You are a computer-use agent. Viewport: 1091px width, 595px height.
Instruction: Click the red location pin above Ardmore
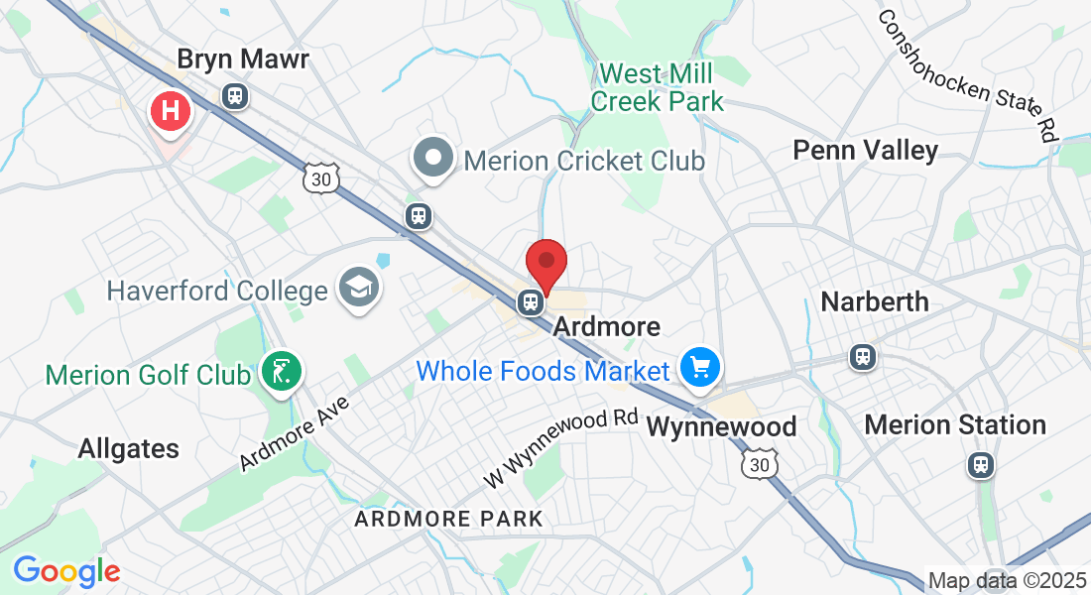click(545, 265)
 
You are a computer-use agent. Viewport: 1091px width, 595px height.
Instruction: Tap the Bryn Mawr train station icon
click(235, 96)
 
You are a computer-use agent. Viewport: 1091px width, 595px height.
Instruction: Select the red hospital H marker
click(171, 110)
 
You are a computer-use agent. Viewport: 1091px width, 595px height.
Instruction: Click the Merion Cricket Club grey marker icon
click(433, 159)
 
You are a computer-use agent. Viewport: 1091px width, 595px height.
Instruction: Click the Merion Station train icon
click(982, 464)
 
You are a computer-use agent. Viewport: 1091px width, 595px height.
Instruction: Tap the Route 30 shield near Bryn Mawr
click(321, 178)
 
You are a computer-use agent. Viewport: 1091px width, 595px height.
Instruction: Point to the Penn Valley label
click(865, 151)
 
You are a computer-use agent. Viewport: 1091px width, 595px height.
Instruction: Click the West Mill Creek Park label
click(658, 87)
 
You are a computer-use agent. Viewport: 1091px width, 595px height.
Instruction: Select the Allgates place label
click(129, 449)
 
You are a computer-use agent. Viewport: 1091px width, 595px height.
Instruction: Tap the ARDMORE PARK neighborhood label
click(448, 519)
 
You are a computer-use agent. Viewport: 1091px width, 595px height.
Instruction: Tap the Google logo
click(66, 570)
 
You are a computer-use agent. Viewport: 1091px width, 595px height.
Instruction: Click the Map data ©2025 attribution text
click(1006, 580)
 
